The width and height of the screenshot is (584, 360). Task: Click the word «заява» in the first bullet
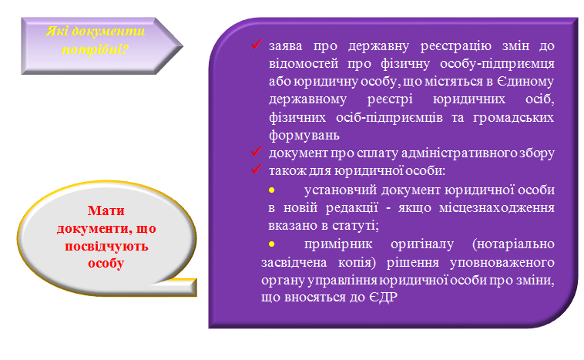[285, 45]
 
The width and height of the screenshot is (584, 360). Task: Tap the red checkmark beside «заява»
[257, 45]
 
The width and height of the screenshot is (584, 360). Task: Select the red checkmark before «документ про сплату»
[257, 151]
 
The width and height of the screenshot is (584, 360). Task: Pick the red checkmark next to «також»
[257, 169]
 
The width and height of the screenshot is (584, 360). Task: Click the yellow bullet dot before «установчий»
[271, 190]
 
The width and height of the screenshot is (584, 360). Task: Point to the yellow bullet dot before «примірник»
[271, 244]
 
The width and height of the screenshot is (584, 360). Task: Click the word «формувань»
[304, 135]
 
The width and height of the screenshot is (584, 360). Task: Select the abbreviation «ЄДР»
[383, 298]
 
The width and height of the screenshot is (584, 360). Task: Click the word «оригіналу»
[422, 244]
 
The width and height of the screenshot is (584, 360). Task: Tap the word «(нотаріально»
[513, 244]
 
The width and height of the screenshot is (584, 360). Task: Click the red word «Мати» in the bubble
[106, 210]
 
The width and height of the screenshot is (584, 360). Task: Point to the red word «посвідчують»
[106, 246]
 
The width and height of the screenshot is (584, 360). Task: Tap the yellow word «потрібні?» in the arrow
[95, 49]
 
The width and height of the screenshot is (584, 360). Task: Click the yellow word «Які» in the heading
[56, 32]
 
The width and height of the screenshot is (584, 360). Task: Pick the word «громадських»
[513, 118]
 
